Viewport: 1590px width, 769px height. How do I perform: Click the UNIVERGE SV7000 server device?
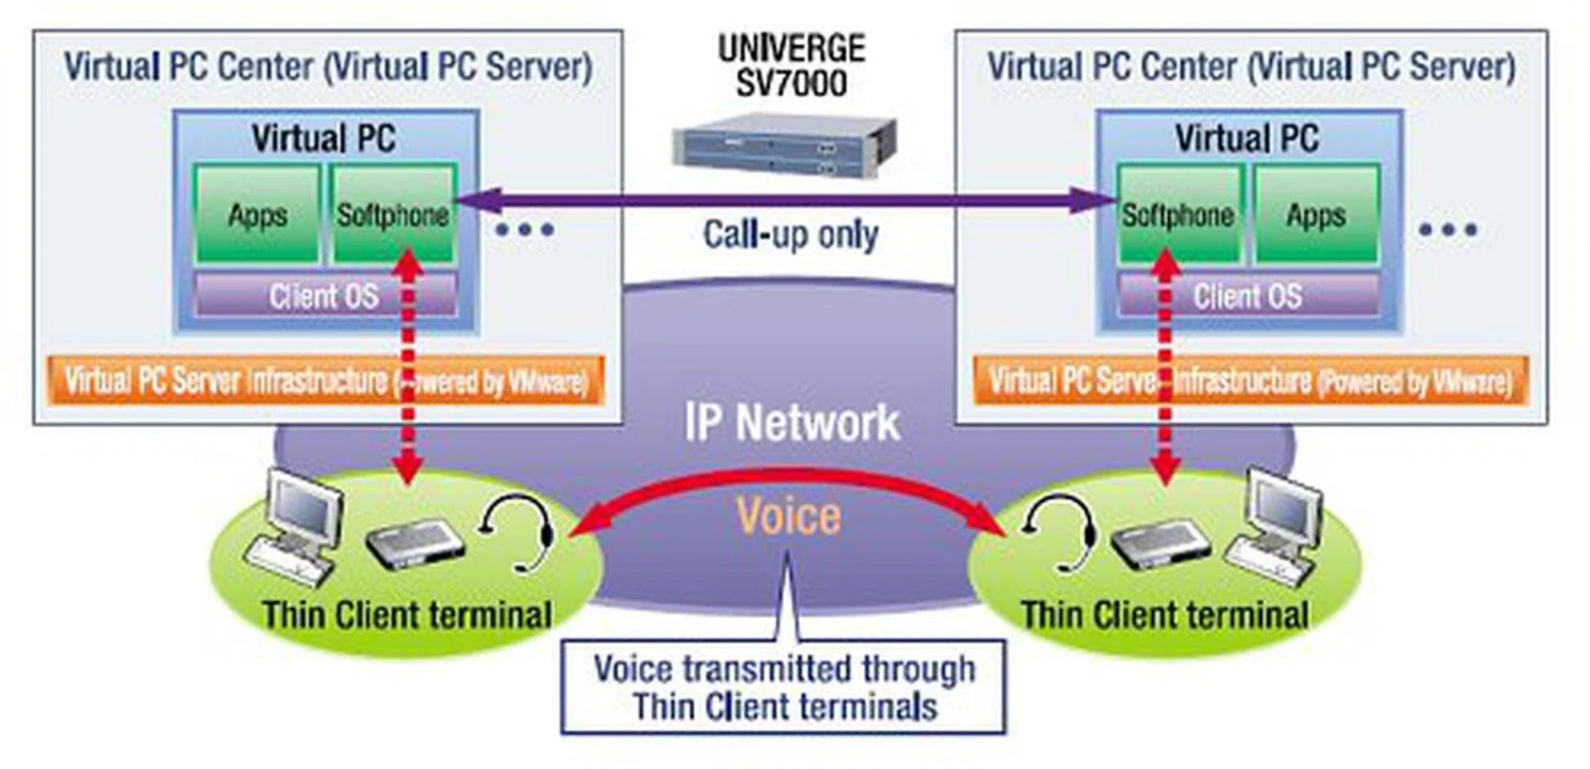tap(783, 146)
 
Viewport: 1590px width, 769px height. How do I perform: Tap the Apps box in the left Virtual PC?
tap(257, 215)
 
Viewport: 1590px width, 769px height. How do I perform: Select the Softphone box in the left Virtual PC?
tap(393, 215)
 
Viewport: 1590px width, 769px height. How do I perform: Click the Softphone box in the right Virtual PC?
tap(1178, 215)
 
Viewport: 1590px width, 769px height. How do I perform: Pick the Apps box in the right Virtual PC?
tap(1315, 215)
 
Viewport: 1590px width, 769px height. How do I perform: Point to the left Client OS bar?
tap(324, 296)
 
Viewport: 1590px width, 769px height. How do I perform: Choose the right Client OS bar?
tap(1247, 296)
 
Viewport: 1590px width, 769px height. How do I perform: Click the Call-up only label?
tap(790, 235)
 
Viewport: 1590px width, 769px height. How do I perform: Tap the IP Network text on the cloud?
tap(792, 423)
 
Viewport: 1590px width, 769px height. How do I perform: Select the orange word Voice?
tap(788, 515)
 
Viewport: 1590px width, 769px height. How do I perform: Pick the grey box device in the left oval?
tap(414, 543)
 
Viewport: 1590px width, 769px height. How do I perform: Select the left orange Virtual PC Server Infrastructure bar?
tap(325, 381)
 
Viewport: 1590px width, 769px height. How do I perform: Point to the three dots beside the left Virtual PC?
tap(524, 230)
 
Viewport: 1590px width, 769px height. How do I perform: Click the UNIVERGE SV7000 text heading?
tap(791, 65)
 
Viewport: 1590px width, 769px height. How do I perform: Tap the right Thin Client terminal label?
tap(1164, 616)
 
